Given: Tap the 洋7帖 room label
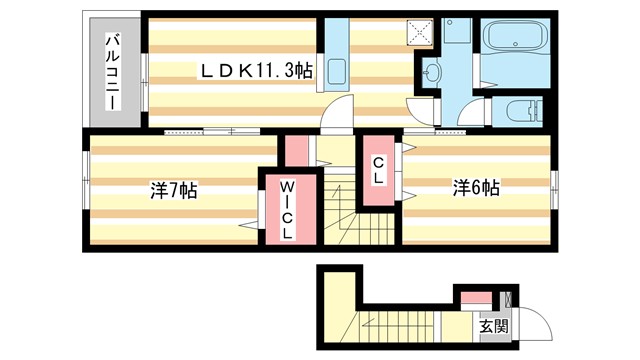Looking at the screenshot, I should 173,190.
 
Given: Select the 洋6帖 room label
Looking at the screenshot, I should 476,187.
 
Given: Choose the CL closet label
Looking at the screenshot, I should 380,171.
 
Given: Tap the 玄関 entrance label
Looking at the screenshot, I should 487,326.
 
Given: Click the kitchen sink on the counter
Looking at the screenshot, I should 336,72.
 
